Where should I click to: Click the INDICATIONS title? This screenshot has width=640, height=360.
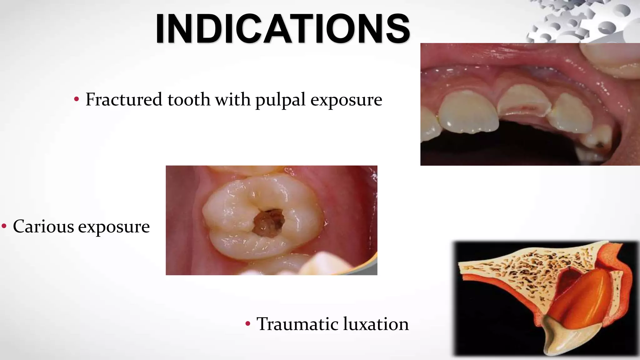(x=282, y=28)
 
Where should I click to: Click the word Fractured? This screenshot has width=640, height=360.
(x=124, y=100)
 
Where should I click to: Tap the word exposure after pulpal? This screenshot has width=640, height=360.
(x=346, y=100)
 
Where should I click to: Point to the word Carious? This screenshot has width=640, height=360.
(x=43, y=227)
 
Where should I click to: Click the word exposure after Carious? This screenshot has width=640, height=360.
(x=114, y=227)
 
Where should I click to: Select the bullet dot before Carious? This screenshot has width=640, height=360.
(x=4, y=226)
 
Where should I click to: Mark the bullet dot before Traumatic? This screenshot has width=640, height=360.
(x=248, y=323)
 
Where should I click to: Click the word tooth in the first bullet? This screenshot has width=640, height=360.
(x=189, y=100)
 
